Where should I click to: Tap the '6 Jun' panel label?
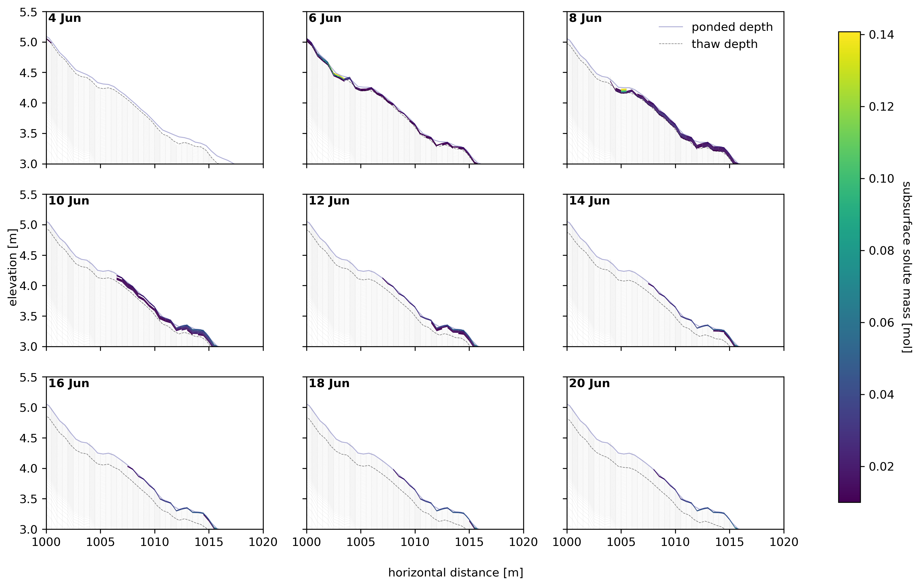click(x=325, y=18)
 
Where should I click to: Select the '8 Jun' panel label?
click(x=585, y=18)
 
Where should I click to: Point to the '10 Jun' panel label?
click(x=69, y=201)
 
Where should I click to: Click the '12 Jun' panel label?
click(x=329, y=201)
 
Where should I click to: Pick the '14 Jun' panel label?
click(x=590, y=201)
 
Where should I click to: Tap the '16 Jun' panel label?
click(x=69, y=383)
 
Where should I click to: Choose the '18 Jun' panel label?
click(x=329, y=383)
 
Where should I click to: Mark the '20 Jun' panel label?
click(x=590, y=383)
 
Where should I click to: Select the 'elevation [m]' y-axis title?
click(x=13, y=268)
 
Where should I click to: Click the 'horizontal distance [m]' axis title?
click(x=455, y=573)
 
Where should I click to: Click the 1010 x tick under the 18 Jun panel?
click(x=415, y=542)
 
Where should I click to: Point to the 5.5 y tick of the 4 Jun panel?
click(x=29, y=12)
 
